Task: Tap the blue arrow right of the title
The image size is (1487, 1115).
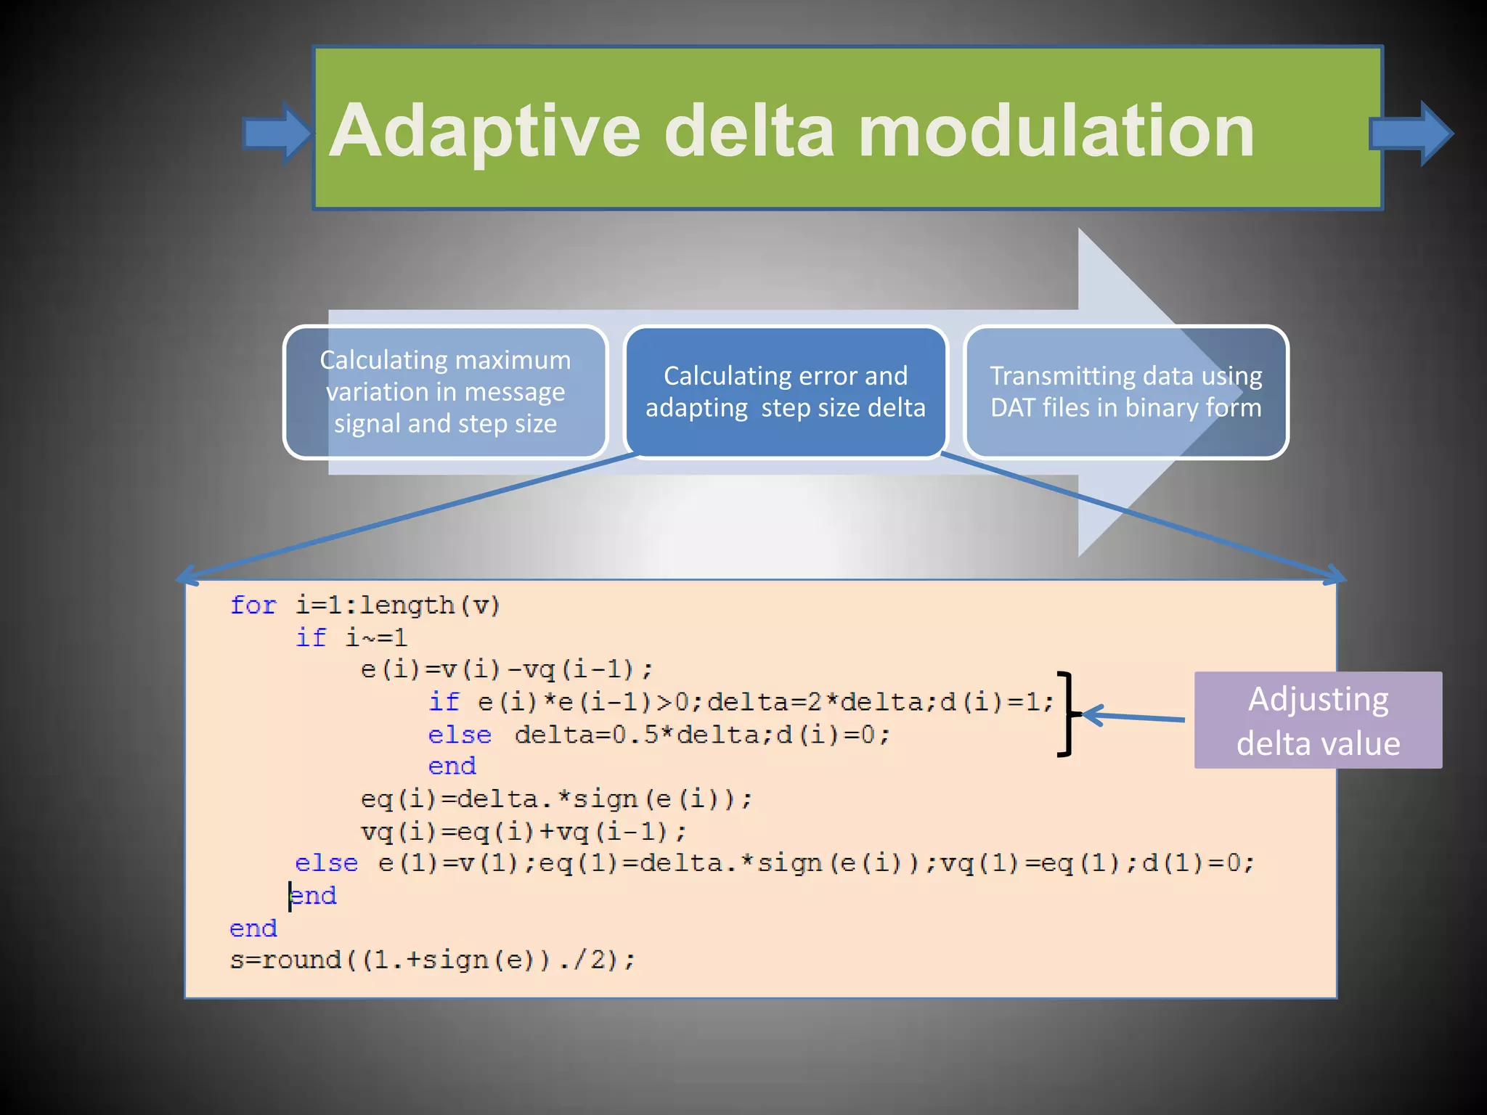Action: pos(1411,134)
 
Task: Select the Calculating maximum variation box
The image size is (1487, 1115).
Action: pos(445,392)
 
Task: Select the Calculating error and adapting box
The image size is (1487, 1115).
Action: pos(786,392)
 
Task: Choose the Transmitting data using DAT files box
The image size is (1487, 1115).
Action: pos(1125,392)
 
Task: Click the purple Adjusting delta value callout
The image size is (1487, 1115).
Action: pos(1318,720)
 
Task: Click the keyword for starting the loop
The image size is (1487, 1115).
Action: pos(253,605)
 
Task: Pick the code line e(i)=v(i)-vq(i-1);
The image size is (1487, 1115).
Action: pos(507,669)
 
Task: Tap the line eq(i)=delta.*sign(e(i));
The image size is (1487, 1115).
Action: pos(556,799)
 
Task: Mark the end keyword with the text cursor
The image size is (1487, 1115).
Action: pos(314,896)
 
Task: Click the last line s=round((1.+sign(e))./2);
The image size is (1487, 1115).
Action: pos(433,960)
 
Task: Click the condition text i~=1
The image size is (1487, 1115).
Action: pos(376,638)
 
